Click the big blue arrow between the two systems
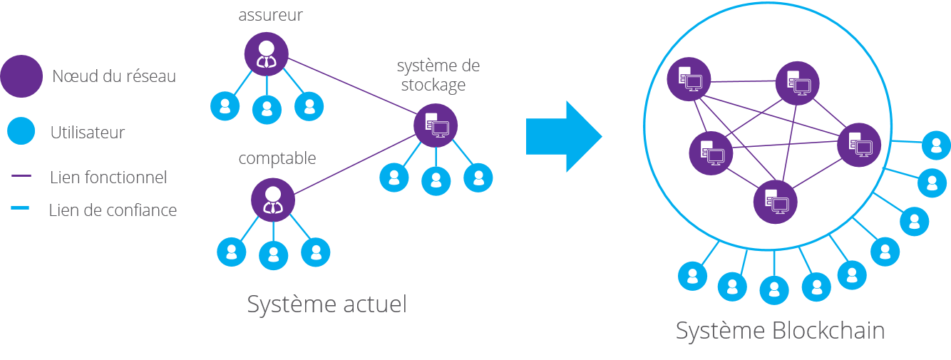(563, 136)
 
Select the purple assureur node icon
(266, 54)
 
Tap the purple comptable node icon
(272, 199)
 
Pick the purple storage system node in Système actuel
(436, 125)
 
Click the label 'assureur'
(270, 15)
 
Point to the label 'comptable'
(277, 158)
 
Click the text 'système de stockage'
(438, 76)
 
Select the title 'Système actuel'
(327, 304)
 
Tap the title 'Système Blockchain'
(780, 331)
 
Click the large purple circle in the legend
(21, 76)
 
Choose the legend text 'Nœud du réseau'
(114, 76)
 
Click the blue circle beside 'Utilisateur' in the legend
(21, 131)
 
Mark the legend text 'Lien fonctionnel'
(108, 178)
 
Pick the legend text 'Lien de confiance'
(113, 210)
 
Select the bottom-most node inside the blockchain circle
(776, 202)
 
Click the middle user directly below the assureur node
(267, 108)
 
